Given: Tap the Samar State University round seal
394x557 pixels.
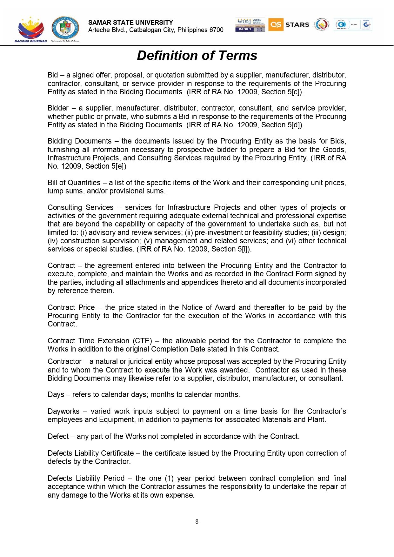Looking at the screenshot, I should tap(65, 29).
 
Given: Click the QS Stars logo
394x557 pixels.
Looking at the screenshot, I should tap(289, 24).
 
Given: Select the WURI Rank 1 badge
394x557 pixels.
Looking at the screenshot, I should tap(250, 25).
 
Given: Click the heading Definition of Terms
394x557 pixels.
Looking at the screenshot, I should tap(197, 56).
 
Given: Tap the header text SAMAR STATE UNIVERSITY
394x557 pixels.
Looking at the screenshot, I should tap(130, 23).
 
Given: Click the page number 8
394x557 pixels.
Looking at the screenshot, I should tap(197, 521).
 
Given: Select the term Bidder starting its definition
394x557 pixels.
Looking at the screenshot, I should tap(58, 108).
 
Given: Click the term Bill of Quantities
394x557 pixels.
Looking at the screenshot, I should tap(74, 183).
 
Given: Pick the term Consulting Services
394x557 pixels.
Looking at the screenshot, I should tap(80, 207).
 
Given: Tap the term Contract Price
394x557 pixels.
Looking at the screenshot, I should tap(71, 307).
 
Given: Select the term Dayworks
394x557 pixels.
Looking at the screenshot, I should tap(63, 411).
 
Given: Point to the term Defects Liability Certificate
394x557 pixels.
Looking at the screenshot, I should tap(90, 453).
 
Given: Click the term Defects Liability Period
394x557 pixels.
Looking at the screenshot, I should tap(86, 478).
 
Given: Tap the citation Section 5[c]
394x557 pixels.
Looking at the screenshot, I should tap(281, 92).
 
